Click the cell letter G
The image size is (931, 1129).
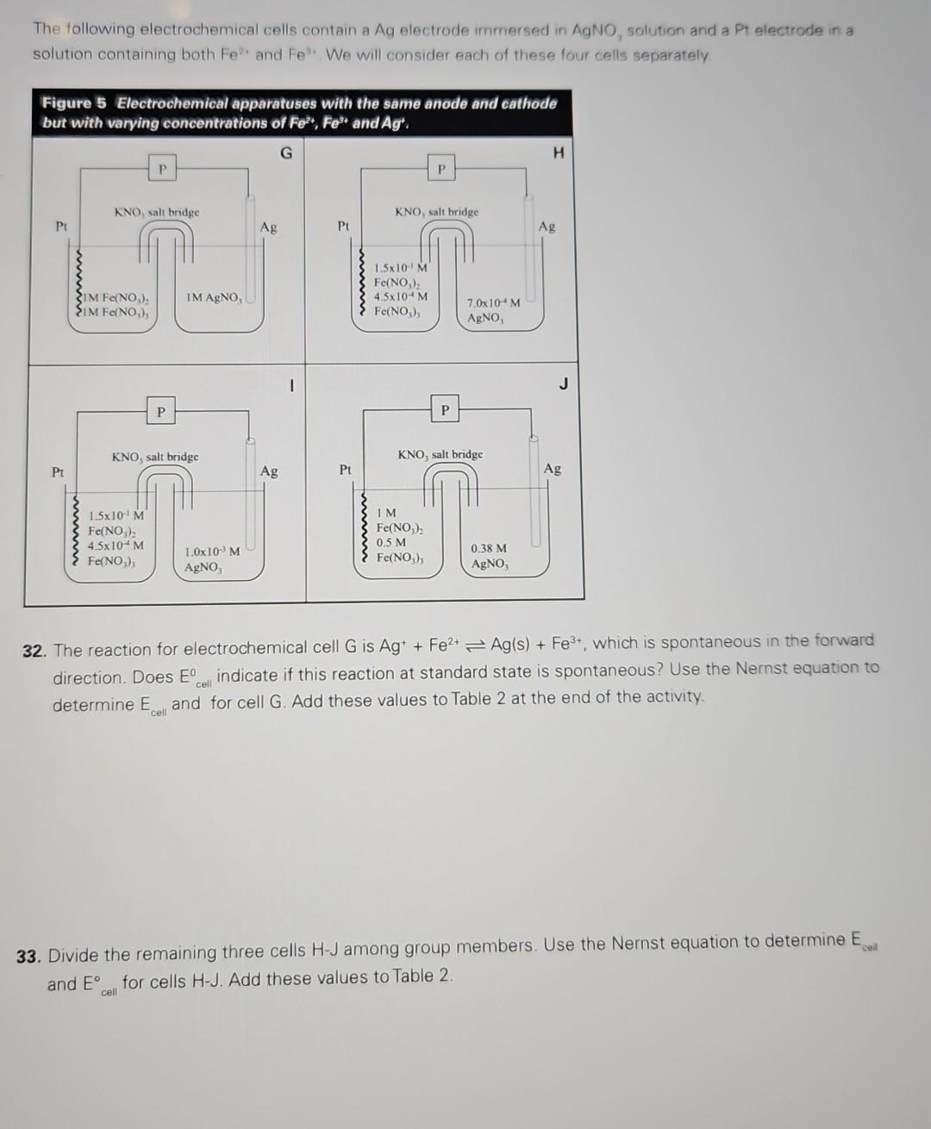[x=286, y=153]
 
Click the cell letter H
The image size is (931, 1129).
[x=559, y=153]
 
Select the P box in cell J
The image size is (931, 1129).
[x=445, y=409]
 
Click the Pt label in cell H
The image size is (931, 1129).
[x=343, y=226]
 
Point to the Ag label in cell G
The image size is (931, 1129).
[x=268, y=228]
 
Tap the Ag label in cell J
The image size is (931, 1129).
[x=553, y=469]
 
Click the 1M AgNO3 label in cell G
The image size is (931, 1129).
[x=213, y=297]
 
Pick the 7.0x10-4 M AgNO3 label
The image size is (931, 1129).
[x=493, y=310]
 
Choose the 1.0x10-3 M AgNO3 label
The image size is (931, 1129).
[x=212, y=559]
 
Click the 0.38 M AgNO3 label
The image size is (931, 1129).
[x=489, y=556]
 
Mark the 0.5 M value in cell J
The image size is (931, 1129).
[x=391, y=543]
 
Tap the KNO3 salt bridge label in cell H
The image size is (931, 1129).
[x=436, y=212]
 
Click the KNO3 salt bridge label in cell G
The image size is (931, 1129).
[x=157, y=212]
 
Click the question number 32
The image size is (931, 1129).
[x=34, y=651]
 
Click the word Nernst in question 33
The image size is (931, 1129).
[x=639, y=945]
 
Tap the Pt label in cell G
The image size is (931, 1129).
[x=61, y=226]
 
